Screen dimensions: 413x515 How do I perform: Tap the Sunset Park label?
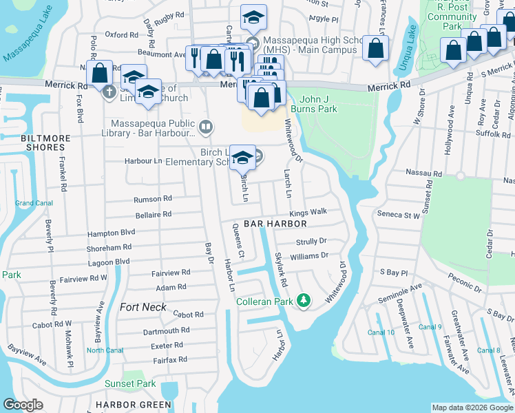(x=130, y=383)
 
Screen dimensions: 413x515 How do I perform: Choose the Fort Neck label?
(x=143, y=307)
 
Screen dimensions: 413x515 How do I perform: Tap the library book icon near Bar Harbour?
(x=205, y=127)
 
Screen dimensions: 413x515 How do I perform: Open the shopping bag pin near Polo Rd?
(x=100, y=72)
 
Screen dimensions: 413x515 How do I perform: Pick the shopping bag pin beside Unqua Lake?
(x=375, y=48)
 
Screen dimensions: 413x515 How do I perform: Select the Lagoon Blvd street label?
(x=108, y=262)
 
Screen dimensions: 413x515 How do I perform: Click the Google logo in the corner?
(x=23, y=405)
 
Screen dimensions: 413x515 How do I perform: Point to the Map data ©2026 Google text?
(x=472, y=407)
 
